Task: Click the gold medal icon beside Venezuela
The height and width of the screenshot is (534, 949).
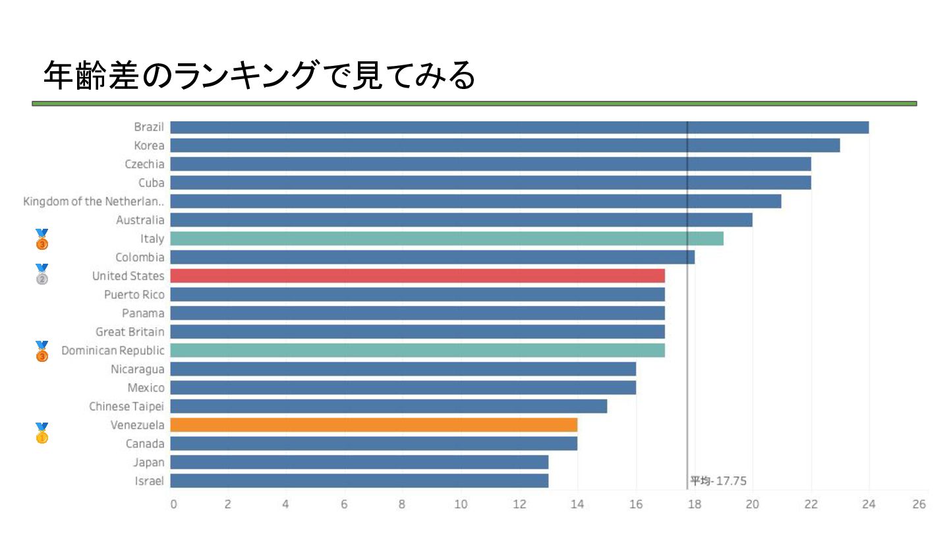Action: [x=42, y=433]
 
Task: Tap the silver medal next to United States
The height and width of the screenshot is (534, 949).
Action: [x=42, y=274]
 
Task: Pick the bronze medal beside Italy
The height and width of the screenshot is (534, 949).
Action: [x=42, y=239]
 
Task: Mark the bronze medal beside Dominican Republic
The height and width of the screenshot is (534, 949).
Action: [x=42, y=351]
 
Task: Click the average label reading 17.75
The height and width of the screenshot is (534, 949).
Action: [x=718, y=481]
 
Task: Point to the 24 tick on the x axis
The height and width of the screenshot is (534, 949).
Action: [x=869, y=505]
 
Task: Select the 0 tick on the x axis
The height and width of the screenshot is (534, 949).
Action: [x=173, y=505]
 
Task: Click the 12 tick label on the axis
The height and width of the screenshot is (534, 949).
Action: [x=519, y=505]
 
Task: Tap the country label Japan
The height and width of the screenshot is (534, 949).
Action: [x=148, y=462]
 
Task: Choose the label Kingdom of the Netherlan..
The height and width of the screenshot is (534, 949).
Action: [x=94, y=202]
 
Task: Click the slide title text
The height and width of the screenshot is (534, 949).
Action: [x=259, y=76]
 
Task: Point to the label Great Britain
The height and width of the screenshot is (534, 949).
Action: [x=130, y=332]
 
